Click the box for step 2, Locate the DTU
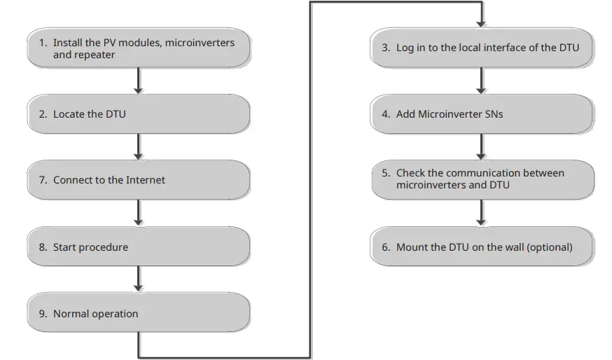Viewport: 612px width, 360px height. coord(138,114)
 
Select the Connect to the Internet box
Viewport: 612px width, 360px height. coord(138,180)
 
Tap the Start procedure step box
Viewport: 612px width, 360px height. coord(138,247)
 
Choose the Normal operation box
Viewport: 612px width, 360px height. coord(138,313)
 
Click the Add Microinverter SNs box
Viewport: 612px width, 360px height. coord(482,114)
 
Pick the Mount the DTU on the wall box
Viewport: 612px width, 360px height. coord(482,247)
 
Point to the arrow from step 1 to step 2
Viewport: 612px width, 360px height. coord(138,81)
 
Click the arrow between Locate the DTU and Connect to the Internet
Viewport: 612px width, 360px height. coord(138,146)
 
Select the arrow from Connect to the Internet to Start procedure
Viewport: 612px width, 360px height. coord(138,213)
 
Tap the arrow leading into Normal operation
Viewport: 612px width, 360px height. coord(138,279)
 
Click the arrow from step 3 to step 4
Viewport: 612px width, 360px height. coord(482,81)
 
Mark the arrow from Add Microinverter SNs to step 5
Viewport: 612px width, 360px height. coord(482,146)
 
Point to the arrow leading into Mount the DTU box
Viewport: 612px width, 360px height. coord(482,213)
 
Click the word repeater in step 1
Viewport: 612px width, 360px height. coord(94,55)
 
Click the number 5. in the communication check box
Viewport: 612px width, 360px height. coord(387,173)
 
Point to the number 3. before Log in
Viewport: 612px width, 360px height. coord(387,48)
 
